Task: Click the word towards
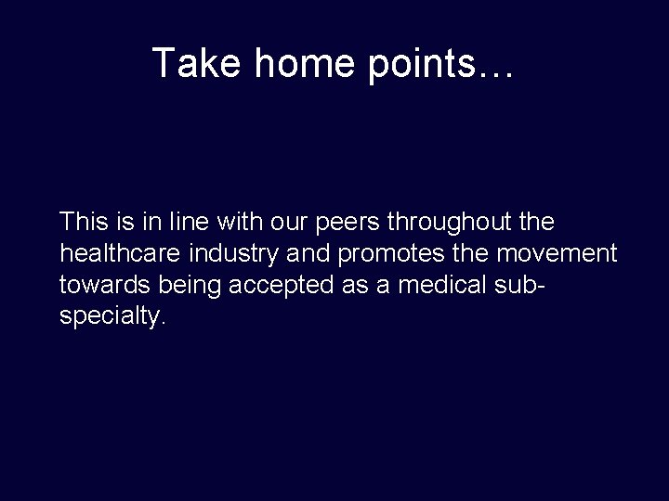[x=98, y=285]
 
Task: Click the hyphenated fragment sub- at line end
[x=522, y=285]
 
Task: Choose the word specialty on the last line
[x=111, y=316]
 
